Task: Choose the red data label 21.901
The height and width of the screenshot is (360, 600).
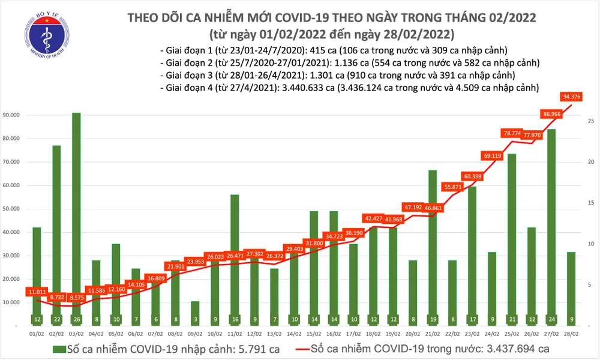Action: tap(175, 266)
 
